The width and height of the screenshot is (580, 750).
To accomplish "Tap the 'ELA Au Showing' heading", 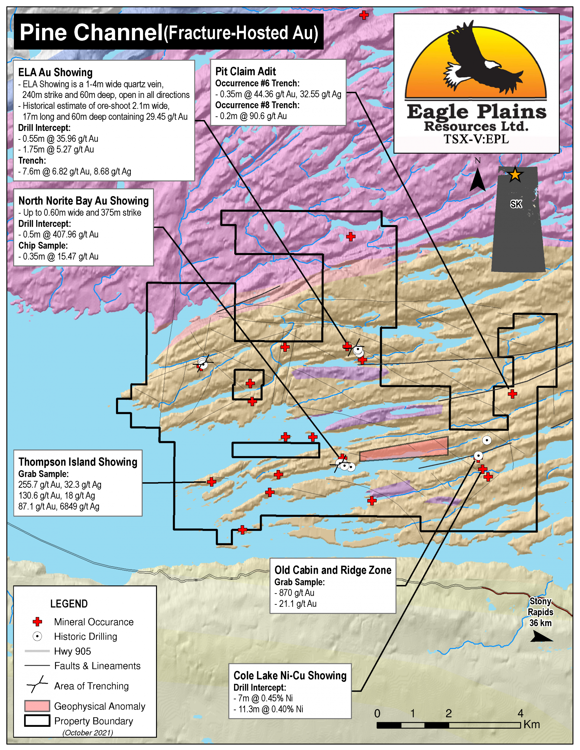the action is point(55,72).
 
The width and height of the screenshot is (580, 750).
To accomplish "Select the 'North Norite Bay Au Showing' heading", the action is point(84,201).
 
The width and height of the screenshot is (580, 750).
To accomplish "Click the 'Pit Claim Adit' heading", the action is point(245,71).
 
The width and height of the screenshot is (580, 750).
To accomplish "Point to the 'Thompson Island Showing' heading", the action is point(78,462).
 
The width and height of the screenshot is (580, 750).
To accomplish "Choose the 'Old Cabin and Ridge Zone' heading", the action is point(333,570).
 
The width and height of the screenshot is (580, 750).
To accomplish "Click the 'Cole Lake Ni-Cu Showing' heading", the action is point(290,676).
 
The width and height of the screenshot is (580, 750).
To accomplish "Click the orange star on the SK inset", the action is point(515,174).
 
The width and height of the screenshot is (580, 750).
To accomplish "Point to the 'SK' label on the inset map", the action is point(516,204).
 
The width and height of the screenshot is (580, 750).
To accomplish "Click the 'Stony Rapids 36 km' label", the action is point(541,612).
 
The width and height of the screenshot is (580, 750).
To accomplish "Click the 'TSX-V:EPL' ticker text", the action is point(476,139).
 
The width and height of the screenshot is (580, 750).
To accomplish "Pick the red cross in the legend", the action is point(37,622).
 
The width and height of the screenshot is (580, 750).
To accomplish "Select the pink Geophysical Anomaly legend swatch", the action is point(37,706).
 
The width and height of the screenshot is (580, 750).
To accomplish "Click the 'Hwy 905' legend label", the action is point(72,651).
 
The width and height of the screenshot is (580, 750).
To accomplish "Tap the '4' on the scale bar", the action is point(520,713).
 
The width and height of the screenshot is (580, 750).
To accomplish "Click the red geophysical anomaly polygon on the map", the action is point(404,449).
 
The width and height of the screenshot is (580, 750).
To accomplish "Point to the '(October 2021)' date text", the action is point(88,733).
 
